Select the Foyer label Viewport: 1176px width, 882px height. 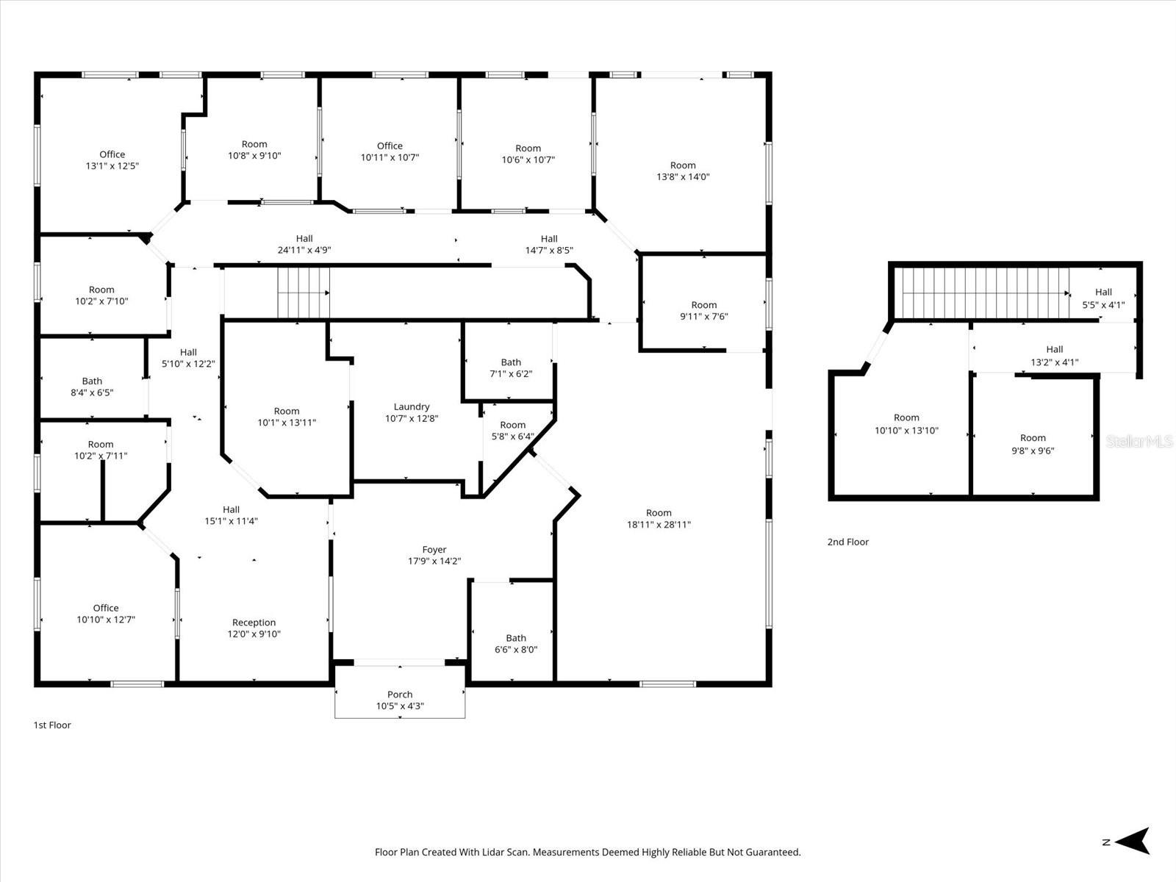[434, 550]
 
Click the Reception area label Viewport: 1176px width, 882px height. [254, 623]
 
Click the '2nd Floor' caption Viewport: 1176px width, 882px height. [847, 542]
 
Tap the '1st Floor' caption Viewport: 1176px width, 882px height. [52, 725]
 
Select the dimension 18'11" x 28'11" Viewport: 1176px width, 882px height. [659, 525]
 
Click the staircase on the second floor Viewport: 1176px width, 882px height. [981, 293]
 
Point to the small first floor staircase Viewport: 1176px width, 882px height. [303, 292]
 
